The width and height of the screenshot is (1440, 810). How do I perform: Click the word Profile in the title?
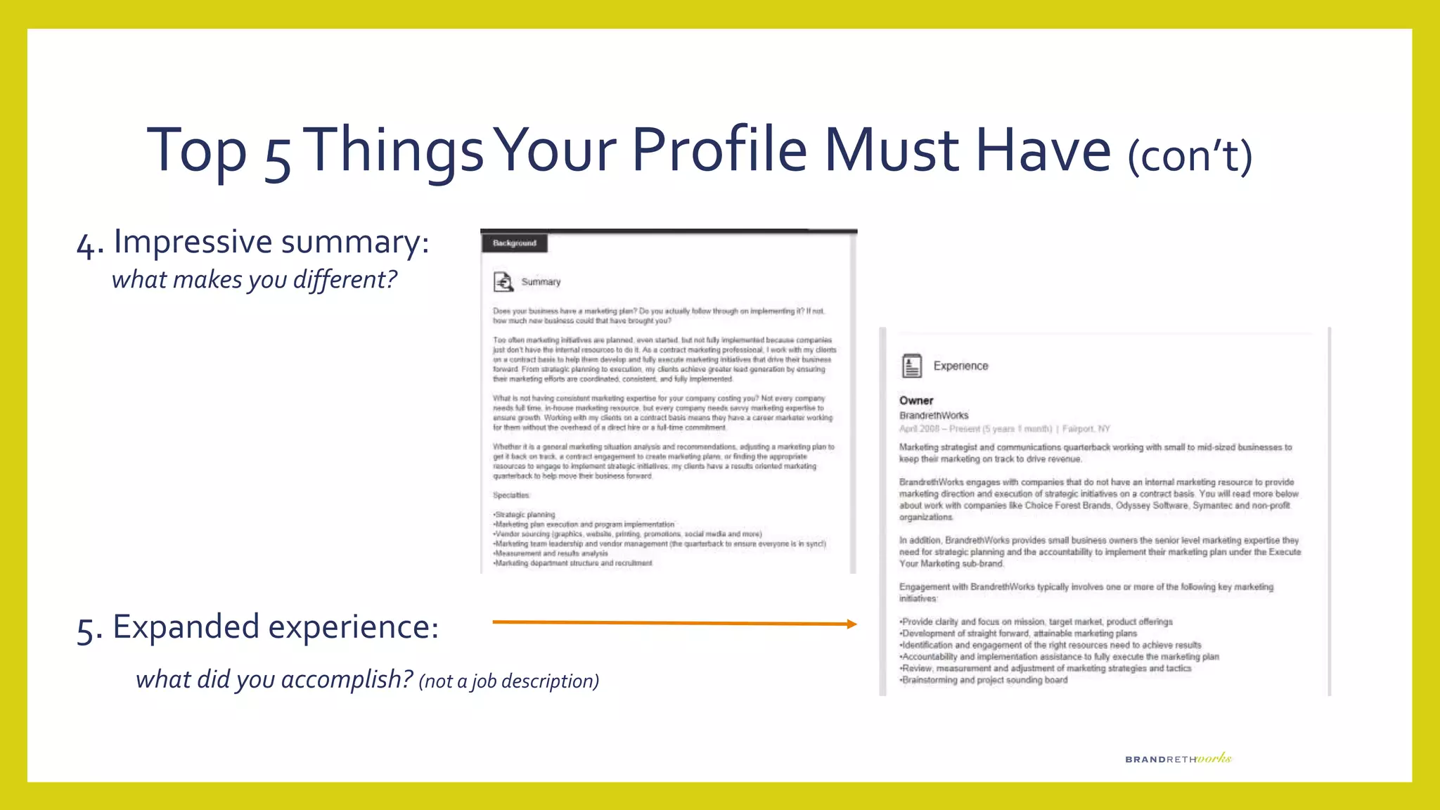pos(719,150)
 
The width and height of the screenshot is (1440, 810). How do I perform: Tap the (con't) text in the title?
pos(1190,155)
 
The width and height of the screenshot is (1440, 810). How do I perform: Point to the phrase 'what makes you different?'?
pos(254,280)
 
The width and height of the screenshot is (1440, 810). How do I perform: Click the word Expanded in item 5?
pos(186,626)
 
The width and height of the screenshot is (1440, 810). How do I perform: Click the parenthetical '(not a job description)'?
pos(508,681)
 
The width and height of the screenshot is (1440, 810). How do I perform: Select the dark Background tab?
pos(514,243)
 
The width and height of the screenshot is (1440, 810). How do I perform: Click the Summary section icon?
pos(503,282)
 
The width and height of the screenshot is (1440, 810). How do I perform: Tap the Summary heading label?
pos(541,282)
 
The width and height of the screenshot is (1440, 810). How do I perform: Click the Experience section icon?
pos(911,366)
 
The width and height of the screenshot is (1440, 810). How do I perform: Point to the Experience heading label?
pos(960,366)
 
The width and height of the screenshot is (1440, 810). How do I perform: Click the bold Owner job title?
pos(916,400)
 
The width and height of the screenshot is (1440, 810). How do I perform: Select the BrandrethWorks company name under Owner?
pos(934,416)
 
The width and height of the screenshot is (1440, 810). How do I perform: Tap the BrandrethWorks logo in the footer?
pos(1178,759)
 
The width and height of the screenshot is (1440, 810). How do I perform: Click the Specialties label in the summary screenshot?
pos(511,496)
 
